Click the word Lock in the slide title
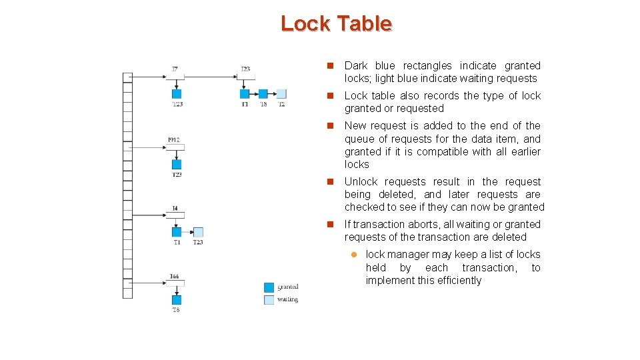(x=305, y=23)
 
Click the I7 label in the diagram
(x=175, y=69)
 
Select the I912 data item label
(x=174, y=139)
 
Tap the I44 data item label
(x=174, y=276)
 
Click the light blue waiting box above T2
(x=281, y=94)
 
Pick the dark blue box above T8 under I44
(x=177, y=301)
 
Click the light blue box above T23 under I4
(x=198, y=232)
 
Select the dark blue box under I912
(x=177, y=164)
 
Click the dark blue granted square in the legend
(x=269, y=287)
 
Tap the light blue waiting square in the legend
(x=269, y=300)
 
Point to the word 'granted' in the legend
(x=287, y=287)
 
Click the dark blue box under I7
(x=177, y=94)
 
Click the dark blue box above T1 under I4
(x=177, y=232)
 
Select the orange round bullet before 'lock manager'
(x=355, y=255)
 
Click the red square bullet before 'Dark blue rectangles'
(x=329, y=66)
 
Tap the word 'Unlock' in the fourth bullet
(x=361, y=181)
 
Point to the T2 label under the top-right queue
(x=281, y=104)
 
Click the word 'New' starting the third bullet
(x=355, y=125)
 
